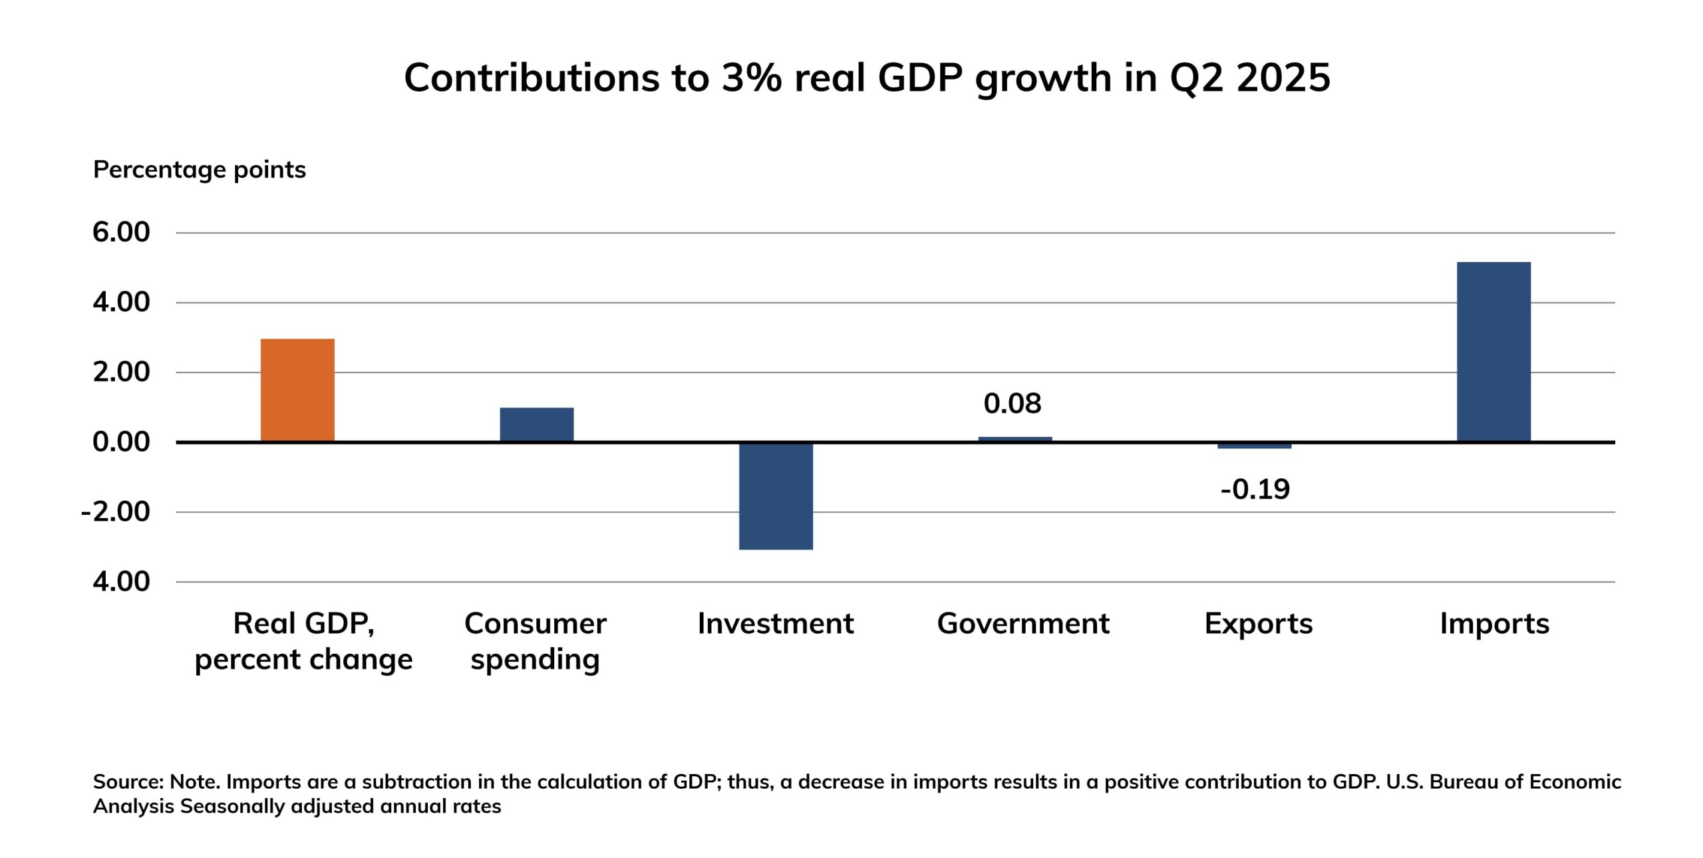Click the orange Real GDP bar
297,390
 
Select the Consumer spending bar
537,424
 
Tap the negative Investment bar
776,496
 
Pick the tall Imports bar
1493,351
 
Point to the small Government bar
1015,439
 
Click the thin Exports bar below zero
1255,446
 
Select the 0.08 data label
1012,404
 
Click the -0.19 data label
1255,490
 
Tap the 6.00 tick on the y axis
121,232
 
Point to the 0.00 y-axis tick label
121,442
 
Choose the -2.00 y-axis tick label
116,511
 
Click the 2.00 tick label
121,372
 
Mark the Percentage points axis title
200,170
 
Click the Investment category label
776,624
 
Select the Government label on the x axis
1023,624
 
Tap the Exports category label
1259,624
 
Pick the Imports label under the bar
1495,624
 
